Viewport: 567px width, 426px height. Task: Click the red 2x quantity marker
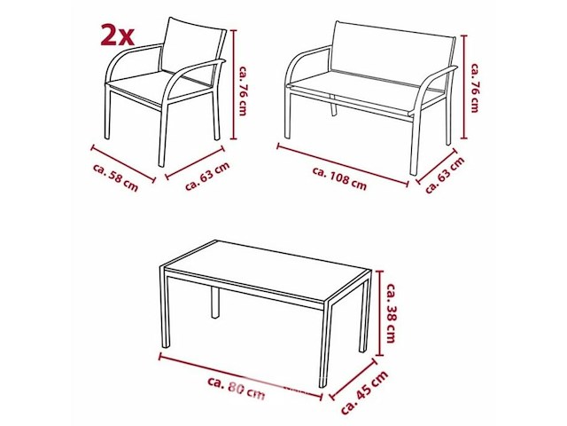tap(117, 35)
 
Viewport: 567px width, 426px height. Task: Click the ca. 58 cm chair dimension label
tap(116, 177)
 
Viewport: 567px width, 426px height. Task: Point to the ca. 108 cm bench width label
tap(339, 178)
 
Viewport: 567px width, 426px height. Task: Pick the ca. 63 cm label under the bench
tap(445, 176)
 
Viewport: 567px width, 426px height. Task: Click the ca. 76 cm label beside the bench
tap(475, 88)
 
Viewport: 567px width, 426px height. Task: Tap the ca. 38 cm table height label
tap(392, 312)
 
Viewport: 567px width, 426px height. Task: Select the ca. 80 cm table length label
tap(237, 388)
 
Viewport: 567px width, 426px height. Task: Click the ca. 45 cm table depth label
tap(364, 392)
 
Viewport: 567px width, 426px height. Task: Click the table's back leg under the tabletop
tap(214, 302)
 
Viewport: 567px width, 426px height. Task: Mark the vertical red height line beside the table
tap(379, 313)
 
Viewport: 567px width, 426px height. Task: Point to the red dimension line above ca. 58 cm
tap(124, 163)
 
